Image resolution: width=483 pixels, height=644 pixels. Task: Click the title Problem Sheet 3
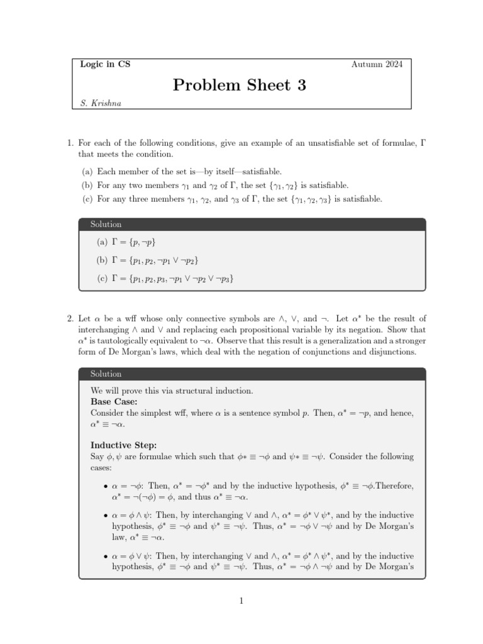pyautogui.click(x=239, y=86)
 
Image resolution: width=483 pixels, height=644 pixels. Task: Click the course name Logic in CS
pyautogui.click(x=106, y=64)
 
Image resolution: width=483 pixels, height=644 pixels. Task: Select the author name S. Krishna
pyautogui.click(x=101, y=104)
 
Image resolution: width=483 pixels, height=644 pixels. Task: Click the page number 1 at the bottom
pyautogui.click(x=241, y=601)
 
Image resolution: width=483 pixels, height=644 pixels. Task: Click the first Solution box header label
pyautogui.click(x=106, y=225)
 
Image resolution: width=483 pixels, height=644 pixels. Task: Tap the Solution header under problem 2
pyautogui.click(x=106, y=374)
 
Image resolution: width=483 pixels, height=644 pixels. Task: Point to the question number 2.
pyautogui.click(x=70, y=319)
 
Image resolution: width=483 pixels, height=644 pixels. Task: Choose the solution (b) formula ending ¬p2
pyautogui.click(x=157, y=260)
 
